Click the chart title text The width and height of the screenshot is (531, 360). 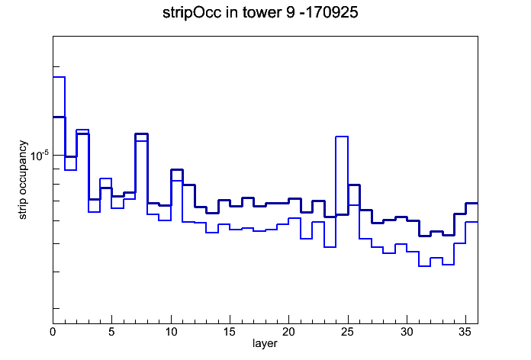pos(260,13)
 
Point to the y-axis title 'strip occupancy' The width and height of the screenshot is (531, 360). pos(23,180)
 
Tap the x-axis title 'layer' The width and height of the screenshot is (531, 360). pos(265,343)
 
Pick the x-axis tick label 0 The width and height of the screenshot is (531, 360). pos(53,332)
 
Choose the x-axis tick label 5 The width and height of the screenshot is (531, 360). pos(111,332)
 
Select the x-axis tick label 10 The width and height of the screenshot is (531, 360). pos(171,332)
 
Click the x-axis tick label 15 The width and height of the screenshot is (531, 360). pos(230,332)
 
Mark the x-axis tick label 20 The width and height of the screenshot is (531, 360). pos(288,332)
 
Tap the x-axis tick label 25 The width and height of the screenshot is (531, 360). pos(347,332)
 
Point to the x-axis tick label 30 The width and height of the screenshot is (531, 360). pos(407,332)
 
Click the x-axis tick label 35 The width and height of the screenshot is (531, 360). pos(465,332)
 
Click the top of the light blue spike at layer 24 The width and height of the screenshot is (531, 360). pos(342,137)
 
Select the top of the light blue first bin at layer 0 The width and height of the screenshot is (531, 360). pos(59,77)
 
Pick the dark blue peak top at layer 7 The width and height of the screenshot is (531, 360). pos(142,133)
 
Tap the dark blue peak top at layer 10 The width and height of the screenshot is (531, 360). pos(177,169)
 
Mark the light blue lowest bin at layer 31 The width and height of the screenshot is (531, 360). pos(424,266)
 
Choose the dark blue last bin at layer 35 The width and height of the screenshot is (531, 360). pos(471,203)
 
